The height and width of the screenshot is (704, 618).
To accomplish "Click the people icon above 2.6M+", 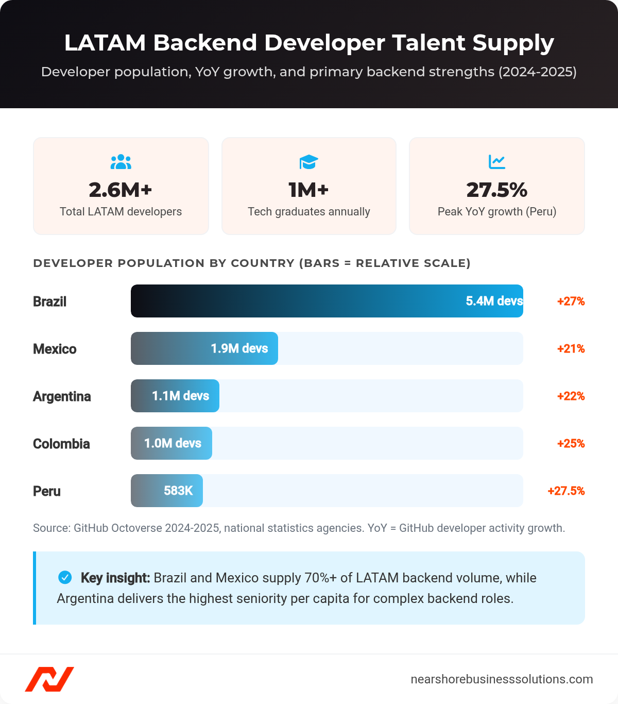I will point(121,162).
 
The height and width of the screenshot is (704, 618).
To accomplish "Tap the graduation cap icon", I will point(309,162).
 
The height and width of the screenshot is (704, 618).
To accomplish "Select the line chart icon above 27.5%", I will point(497,162).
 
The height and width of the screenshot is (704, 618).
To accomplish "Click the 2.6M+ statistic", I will point(121,190).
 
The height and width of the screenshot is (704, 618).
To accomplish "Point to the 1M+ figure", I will point(309,190).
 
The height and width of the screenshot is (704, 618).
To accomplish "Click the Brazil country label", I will point(50,301).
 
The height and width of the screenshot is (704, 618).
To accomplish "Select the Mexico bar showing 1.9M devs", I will point(204,348).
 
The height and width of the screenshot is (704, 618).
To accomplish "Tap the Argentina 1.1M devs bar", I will point(175,396).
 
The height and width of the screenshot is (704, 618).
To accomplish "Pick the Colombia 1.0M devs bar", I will point(171,443).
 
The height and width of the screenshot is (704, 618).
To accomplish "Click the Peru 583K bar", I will point(167,491).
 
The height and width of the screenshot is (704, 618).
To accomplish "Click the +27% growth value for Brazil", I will point(571,301).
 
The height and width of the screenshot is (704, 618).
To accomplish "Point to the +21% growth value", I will point(571,349).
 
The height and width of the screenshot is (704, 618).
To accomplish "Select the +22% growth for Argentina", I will point(571,396).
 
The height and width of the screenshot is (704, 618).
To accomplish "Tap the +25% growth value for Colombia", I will point(571,444).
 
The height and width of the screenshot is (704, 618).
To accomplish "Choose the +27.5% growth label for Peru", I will point(566,491).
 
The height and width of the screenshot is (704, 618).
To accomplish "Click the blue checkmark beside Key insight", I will point(65,578).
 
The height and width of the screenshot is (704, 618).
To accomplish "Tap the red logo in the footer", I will point(49,679).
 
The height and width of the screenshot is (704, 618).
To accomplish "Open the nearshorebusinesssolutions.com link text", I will point(502,679).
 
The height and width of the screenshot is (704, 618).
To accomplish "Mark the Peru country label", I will point(47,491).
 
